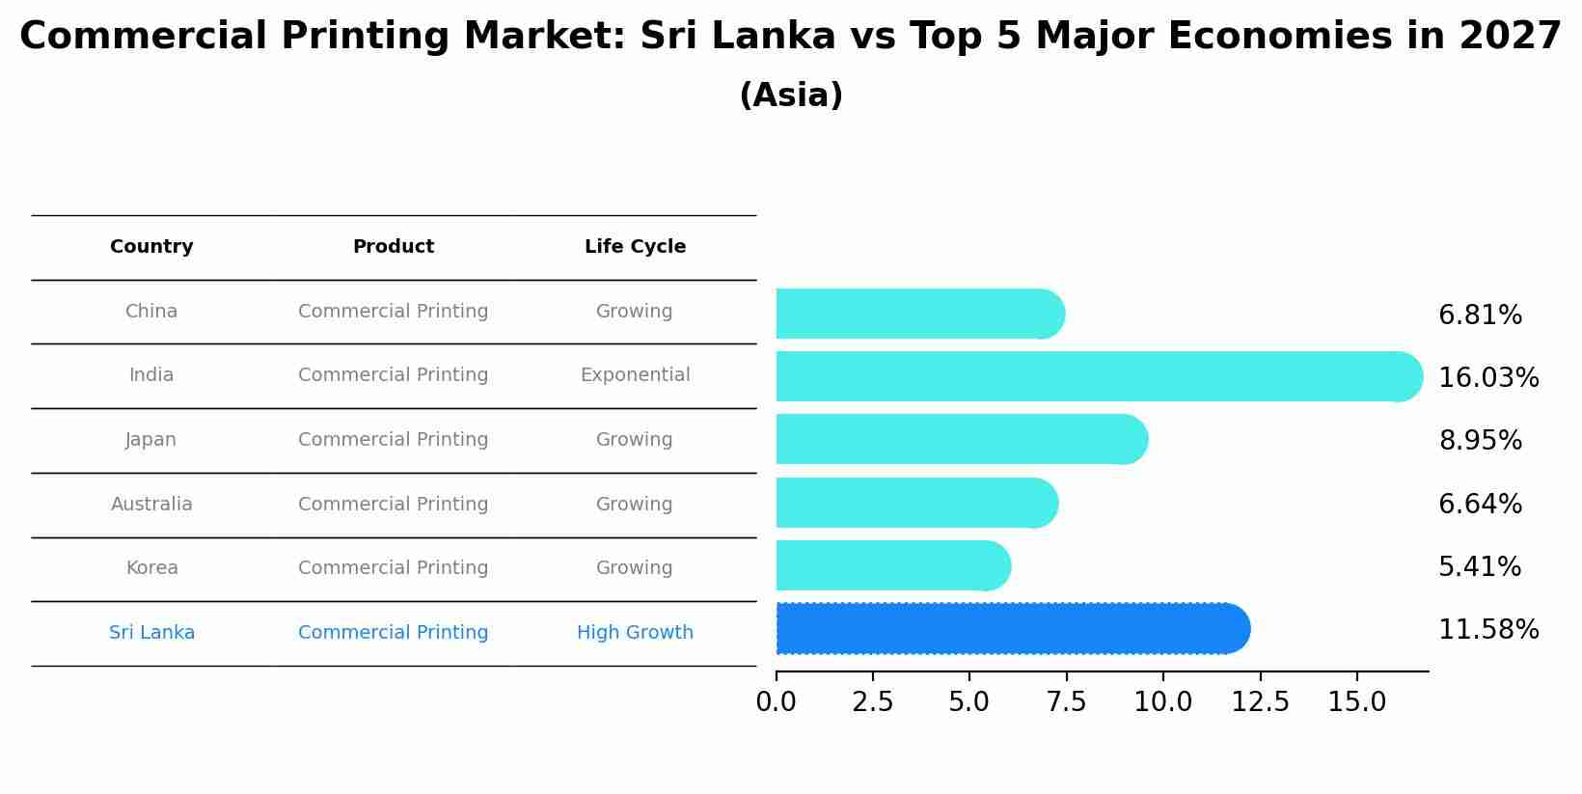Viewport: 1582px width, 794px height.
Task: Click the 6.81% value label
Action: (x=1480, y=315)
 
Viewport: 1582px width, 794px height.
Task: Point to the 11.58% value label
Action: (x=1487, y=630)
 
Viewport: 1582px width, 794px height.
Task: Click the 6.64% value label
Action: (x=1480, y=505)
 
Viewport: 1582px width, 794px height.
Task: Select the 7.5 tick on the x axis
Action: (x=1066, y=702)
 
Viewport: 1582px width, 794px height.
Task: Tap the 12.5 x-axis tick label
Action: (x=1260, y=702)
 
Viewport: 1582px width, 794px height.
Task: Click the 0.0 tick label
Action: (x=776, y=702)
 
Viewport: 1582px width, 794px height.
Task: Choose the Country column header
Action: (x=151, y=247)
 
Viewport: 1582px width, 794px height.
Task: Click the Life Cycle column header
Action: (x=635, y=247)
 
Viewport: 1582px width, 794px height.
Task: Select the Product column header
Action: (x=393, y=247)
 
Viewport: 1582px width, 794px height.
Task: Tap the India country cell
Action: (x=151, y=375)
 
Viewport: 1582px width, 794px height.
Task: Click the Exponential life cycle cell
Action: (x=635, y=375)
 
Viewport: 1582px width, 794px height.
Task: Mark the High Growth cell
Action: (x=635, y=633)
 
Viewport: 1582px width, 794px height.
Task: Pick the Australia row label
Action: (x=151, y=505)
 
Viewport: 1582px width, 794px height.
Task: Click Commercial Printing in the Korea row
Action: (x=393, y=568)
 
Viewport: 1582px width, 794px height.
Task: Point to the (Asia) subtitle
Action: (x=790, y=96)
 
